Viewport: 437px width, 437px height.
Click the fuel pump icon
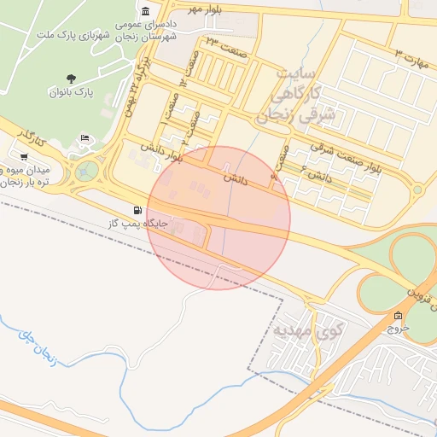137,209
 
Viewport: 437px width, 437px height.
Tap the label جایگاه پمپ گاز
136,223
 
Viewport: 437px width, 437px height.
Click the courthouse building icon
146,11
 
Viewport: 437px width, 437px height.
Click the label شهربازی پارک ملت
71,37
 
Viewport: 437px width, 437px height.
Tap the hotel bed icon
84,138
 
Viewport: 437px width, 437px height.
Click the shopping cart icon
23,157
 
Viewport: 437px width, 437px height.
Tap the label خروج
399,328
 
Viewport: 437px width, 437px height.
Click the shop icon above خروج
399,315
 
